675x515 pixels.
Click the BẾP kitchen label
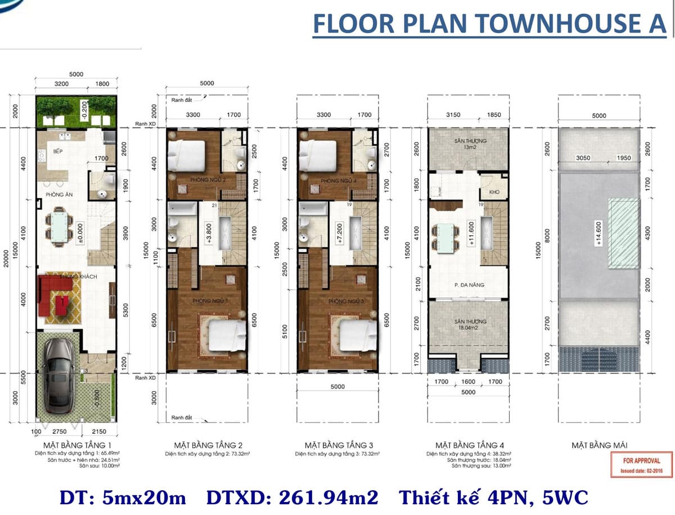(57, 152)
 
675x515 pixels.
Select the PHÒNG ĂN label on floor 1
(59, 194)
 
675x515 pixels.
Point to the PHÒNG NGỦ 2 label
(194, 180)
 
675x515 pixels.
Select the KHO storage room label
(494, 192)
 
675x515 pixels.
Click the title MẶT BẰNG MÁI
(599, 445)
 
